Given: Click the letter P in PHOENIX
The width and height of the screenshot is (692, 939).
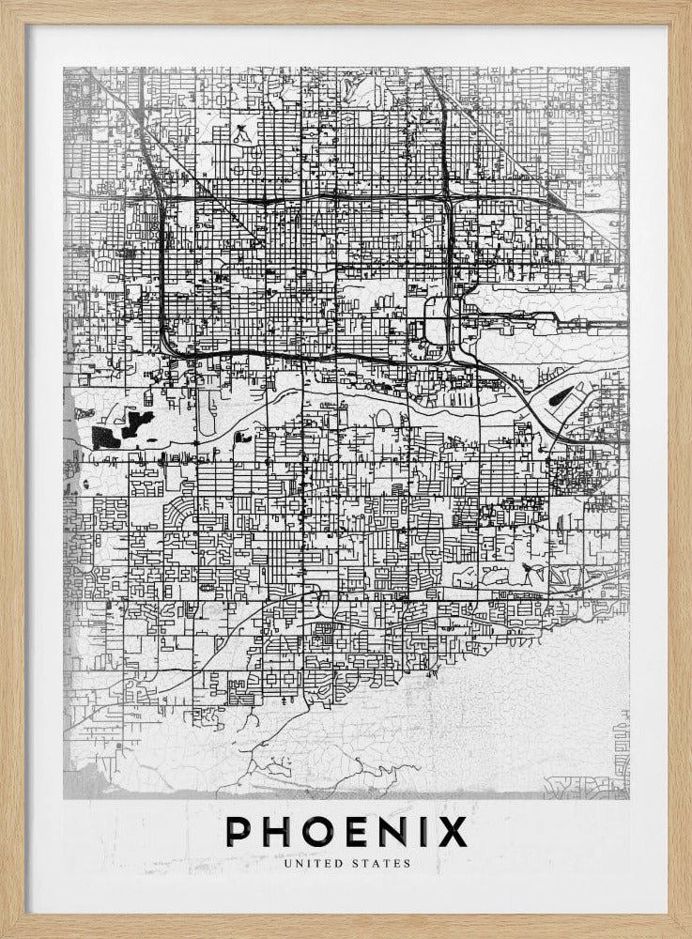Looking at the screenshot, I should pos(238,832).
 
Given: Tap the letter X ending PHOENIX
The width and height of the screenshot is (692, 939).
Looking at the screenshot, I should pos(453,832).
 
